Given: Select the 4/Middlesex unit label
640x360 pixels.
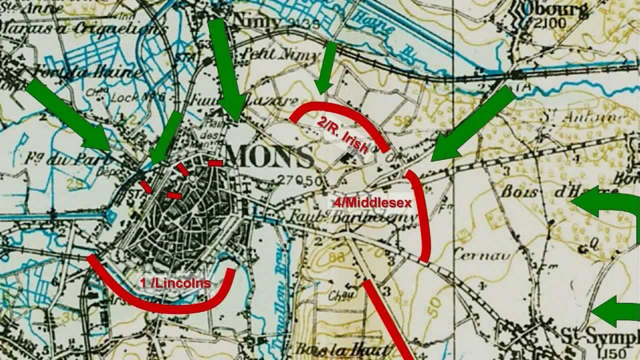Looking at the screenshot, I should coord(369,202).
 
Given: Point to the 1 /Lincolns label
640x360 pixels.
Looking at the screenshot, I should coord(175,283).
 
